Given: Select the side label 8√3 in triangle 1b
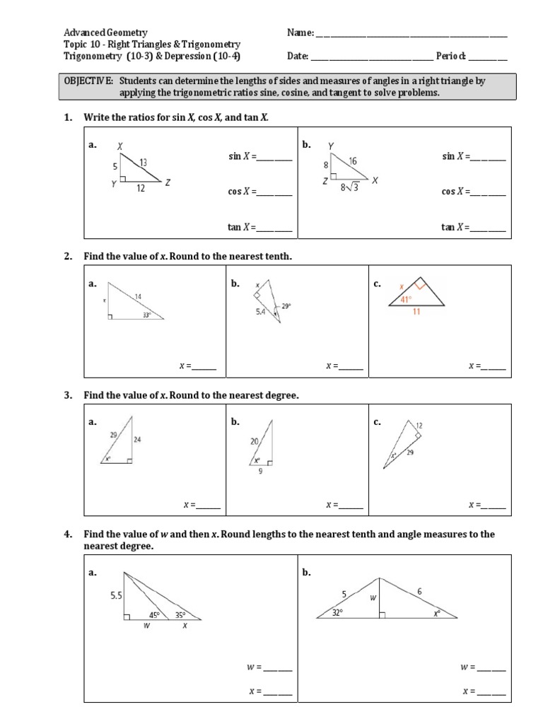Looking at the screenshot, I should [349, 188].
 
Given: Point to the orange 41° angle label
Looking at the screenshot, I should [407, 299].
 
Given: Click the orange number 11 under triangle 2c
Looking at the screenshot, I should [416, 312].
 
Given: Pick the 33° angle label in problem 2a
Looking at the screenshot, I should [147, 315].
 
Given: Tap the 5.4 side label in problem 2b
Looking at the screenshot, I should [261, 311].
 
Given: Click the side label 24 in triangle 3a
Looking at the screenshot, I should [137, 439].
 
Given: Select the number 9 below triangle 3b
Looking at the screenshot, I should [260, 472].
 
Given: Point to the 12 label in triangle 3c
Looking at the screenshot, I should [419, 426].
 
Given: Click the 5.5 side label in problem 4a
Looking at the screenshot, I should [116, 596].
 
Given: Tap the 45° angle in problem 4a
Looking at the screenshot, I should [155, 615].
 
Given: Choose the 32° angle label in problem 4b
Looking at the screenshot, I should [338, 613].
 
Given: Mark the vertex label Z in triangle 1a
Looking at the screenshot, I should [168, 182].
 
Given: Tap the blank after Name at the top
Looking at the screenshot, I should [410, 33].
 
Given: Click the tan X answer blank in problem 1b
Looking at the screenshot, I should [488, 228].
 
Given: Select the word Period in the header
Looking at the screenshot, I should [450, 56].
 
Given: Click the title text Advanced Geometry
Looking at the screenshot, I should [105, 33].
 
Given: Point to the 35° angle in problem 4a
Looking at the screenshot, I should [180, 615].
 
